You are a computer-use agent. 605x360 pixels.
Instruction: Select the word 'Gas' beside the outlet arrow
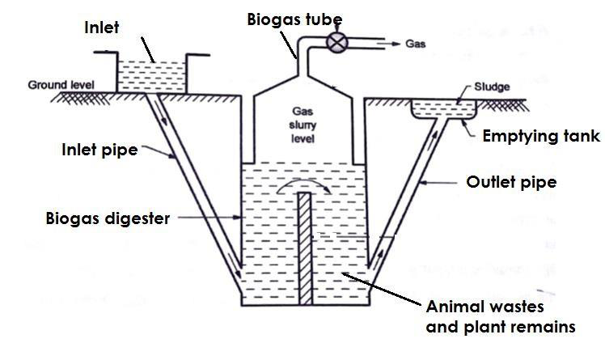click(414, 45)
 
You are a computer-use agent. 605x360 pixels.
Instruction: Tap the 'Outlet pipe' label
click(510, 183)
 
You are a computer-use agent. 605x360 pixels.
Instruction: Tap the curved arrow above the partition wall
click(302, 185)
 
